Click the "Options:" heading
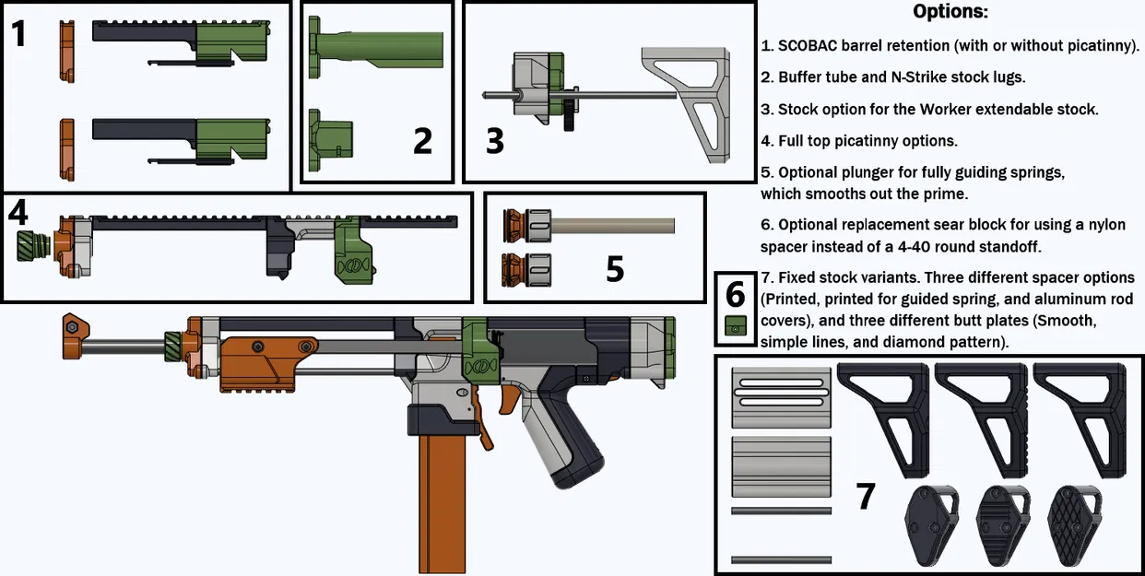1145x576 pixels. [x=950, y=12]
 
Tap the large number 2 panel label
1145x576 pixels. [x=422, y=141]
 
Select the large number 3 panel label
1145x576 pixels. [x=495, y=141]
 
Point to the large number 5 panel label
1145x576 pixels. [x=615, y=269]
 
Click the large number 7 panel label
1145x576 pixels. [x=865, y=497]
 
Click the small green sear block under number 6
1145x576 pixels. [x=735, y=327]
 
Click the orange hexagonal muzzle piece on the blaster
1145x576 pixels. [x=71, y=327]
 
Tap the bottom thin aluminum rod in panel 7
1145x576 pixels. [x=781, y=559]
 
